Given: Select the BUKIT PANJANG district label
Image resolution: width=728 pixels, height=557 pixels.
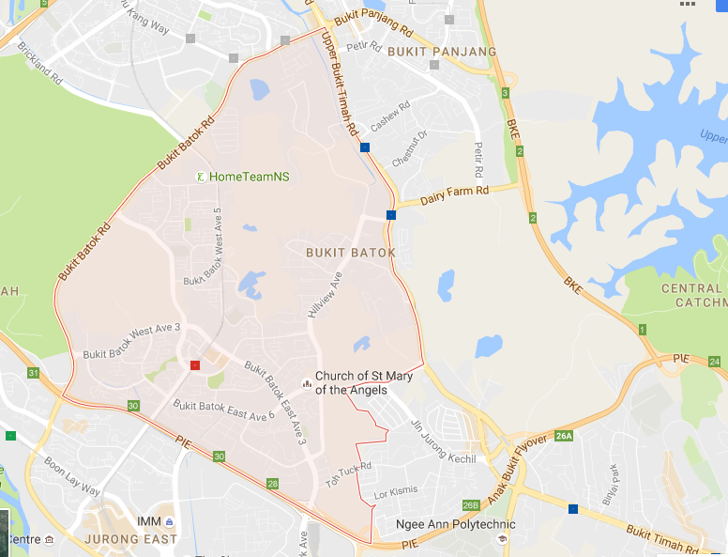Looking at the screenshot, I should tap(440, 51).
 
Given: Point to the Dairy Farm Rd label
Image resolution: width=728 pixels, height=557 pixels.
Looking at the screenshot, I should tap(456, 193).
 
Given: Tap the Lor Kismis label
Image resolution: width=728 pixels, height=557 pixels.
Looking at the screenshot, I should tap(394, 492).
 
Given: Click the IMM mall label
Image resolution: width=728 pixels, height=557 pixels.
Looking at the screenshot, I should tap(148, 521).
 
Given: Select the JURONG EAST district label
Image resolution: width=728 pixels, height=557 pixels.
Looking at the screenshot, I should tap(130, 539).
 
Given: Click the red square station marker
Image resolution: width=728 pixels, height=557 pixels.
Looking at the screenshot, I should tap(195, 364).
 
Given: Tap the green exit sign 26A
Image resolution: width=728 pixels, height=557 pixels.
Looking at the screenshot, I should tap(563, 436).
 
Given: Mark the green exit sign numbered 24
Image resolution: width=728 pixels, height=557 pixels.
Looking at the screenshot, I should tap(715, 362).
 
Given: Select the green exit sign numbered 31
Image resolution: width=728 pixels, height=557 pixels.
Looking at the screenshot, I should tap(34, 374).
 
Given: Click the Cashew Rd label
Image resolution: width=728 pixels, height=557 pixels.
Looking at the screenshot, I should tap(390, 117).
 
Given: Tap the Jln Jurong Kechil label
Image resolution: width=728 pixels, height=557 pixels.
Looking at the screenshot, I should tap(444, 441).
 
